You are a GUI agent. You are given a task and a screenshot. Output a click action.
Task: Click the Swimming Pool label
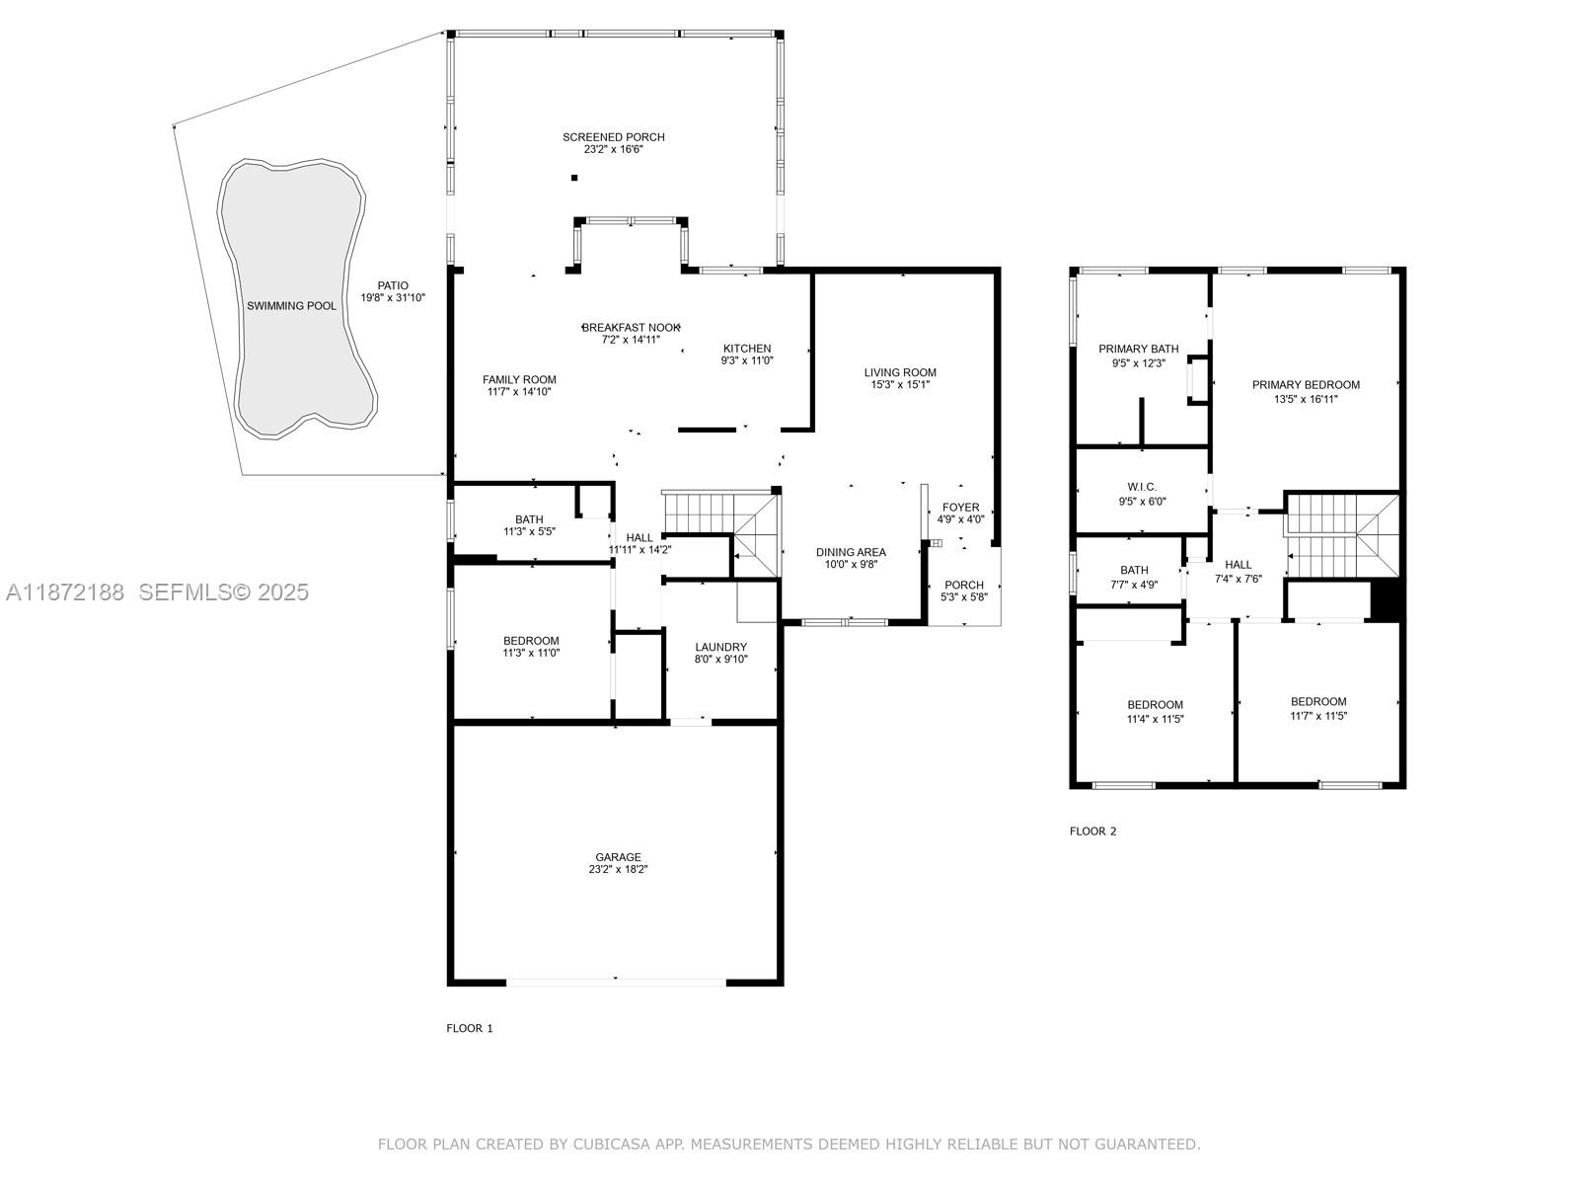point(291,306)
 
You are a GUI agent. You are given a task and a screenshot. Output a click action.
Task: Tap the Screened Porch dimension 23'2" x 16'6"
point(613,150)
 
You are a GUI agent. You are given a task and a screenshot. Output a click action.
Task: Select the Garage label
point(618,857)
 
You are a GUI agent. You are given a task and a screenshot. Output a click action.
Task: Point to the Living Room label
point(900,372)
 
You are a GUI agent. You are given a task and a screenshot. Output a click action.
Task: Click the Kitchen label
point(747,349)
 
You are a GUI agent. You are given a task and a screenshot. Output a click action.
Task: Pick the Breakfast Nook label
point(631,328)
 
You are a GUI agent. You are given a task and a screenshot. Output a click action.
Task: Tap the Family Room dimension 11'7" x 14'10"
point(519,392)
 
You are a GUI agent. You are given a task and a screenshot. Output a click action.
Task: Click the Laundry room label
point(720,647)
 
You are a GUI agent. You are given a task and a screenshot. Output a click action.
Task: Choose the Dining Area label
point(851,553)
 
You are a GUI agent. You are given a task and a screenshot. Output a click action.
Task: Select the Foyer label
point(960,508)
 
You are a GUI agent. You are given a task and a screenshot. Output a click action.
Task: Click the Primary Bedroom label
point(1306,385)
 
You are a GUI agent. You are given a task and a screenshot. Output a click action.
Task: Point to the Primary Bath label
point(1138,349)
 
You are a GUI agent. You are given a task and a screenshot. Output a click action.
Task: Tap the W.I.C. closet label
point(1142,487)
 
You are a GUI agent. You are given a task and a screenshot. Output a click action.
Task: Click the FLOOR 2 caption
point(1092,831)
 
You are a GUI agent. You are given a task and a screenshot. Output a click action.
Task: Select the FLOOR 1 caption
point(470,1028)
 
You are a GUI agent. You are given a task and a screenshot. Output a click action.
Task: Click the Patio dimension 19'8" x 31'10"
point(393,298)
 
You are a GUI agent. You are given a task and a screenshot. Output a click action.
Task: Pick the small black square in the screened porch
point(574,178)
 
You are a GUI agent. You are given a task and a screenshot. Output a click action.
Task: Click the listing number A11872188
point(65,592)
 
